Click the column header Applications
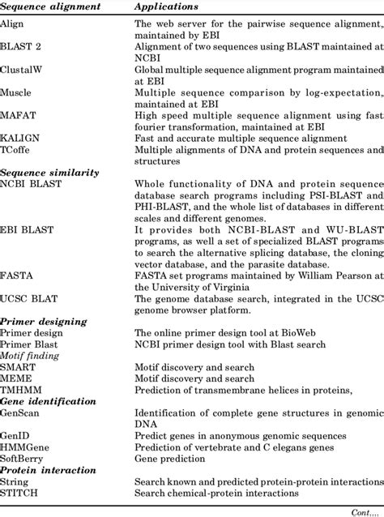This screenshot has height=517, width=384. click(168, 6)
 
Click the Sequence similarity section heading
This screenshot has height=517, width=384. click(49, 173)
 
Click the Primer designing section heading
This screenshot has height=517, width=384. click(44, 321)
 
